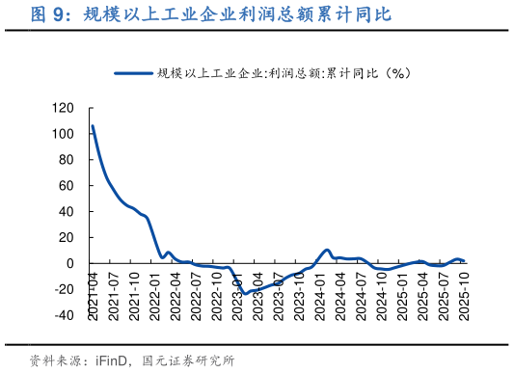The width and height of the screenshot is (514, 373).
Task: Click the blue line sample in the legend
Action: (134, 73)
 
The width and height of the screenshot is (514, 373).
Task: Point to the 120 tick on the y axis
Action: (63, 108)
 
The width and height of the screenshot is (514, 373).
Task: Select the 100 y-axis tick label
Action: (63, 134)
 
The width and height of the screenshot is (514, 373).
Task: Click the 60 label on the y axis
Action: (66, 186)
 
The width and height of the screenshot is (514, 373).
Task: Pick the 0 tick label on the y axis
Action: (70, 263)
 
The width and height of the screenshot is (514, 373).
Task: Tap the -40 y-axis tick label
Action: (63, 315)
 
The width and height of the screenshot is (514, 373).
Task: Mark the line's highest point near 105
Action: (93, 126)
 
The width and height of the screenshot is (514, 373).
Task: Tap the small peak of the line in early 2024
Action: (327, 251)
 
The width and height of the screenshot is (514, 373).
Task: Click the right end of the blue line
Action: (464, 260)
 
